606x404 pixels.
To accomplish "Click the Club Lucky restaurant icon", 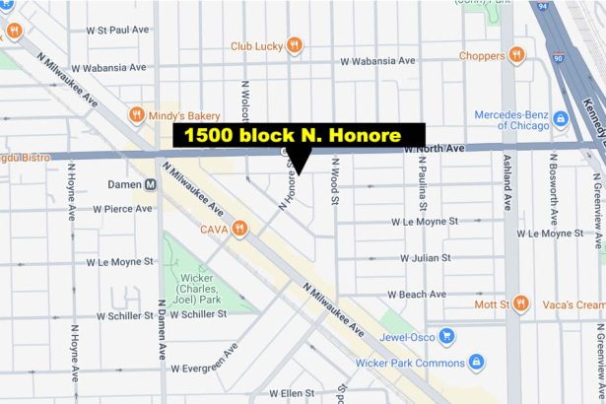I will (x=294, y=45).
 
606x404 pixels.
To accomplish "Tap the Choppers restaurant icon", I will (x=516, y=55).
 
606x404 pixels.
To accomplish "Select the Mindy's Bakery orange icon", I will (x=137, y=115).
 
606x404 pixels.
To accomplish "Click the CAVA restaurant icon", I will (x=238, y=230).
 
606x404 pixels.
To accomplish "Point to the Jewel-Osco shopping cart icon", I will (x=446, y=336).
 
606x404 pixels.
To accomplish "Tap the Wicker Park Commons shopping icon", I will (x=476, y=362).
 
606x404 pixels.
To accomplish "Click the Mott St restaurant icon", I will (x=520, y=303).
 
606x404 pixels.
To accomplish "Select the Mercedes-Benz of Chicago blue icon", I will (x=560, y=119).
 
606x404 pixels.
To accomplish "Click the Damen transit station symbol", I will (x=152, y=184).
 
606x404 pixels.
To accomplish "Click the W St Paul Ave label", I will (x=117, y=30).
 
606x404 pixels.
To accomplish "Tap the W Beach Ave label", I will (x=416, y=295).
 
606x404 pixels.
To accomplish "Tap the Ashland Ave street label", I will (x=509, y=187).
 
